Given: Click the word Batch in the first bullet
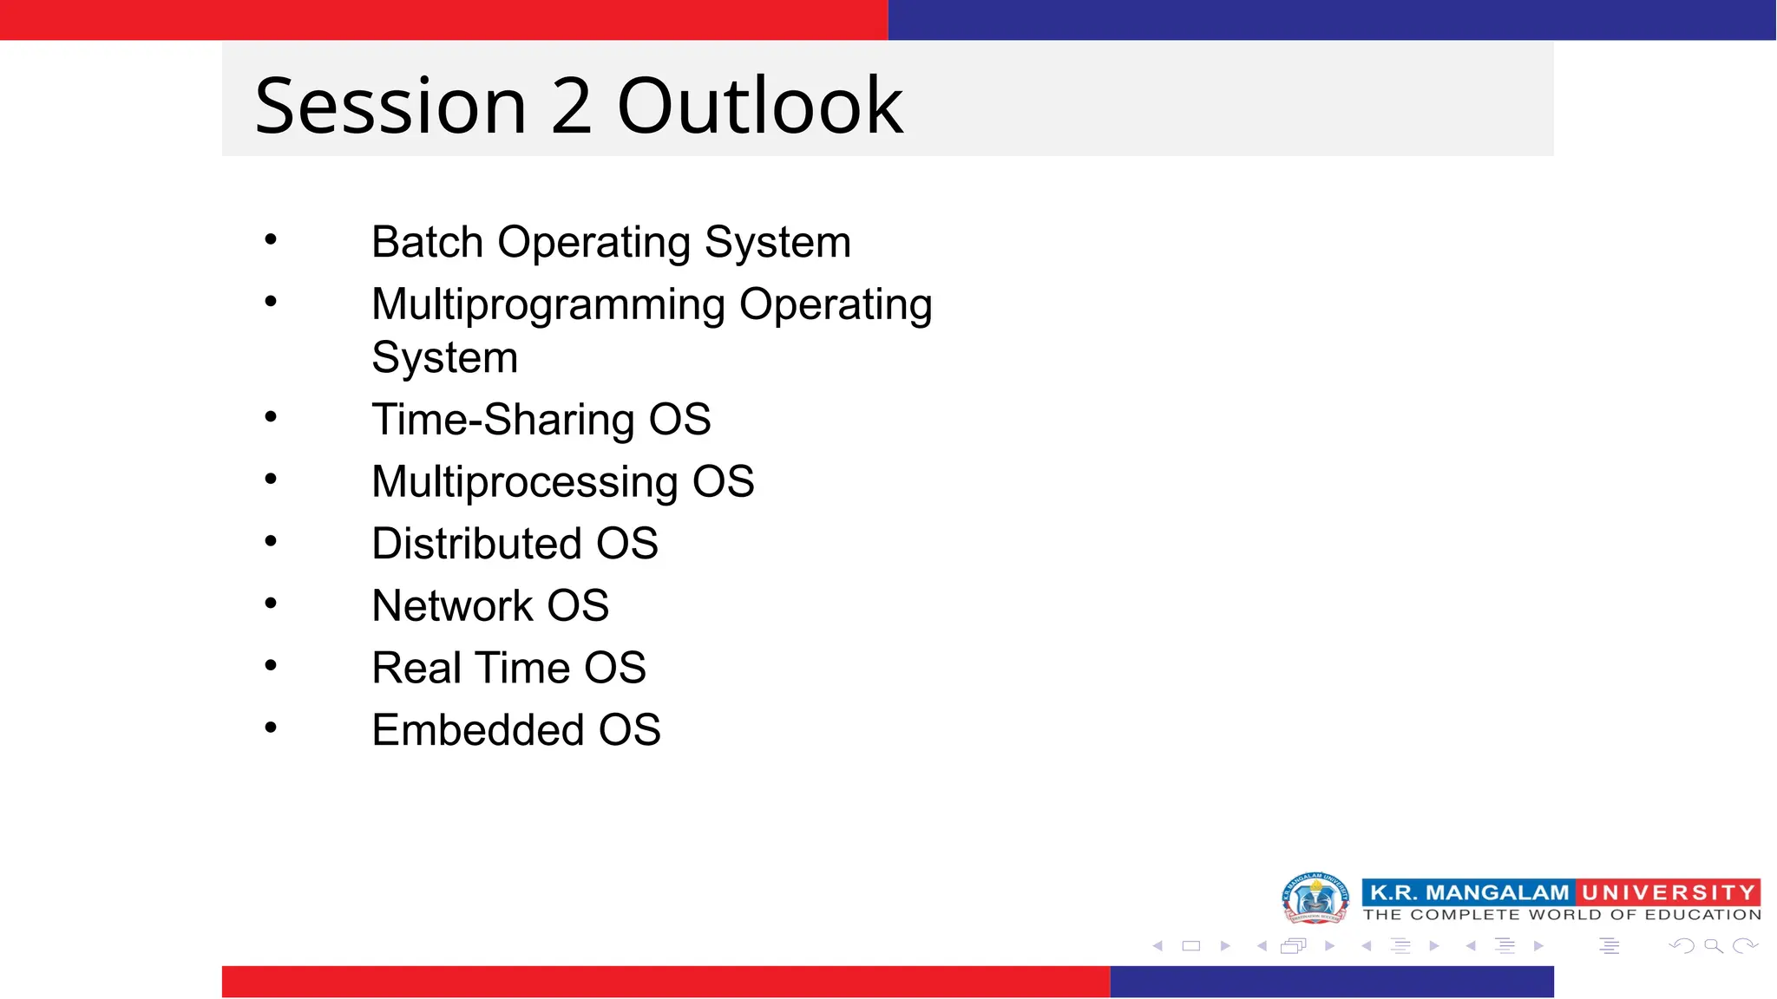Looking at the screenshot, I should pyautogui.click(x=427, y=242).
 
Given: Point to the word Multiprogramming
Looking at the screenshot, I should pyautogui.click(x=548, y=305).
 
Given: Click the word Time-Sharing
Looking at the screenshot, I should pyautogui.click(x=502, y=420).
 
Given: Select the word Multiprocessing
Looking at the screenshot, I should pyautogui.click(x=524, y=482).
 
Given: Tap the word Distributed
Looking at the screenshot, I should pyautogui.click(x=476, y=544).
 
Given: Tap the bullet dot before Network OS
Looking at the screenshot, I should pyautogui.click(x=271, y=603).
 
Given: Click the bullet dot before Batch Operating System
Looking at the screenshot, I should pyautogui.click(x=271, y=238).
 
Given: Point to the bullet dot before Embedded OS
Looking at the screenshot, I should pyautogui.click(x=271, y=728).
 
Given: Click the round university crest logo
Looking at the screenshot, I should pyautogui.click(x=1315, y=898).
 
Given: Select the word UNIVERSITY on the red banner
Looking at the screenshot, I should pyautogui.click(x=1668, y=892).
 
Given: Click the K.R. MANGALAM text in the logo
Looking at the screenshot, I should pyautogui.click(x=1468, y=892).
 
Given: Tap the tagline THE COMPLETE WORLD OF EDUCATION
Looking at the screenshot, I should pyautogui.click(x=1562, y=915).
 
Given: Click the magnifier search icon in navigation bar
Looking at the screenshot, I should pyautogui.click(x=1713, y=946).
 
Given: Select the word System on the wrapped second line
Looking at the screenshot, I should pyautogui.click(x=444, y=358).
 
